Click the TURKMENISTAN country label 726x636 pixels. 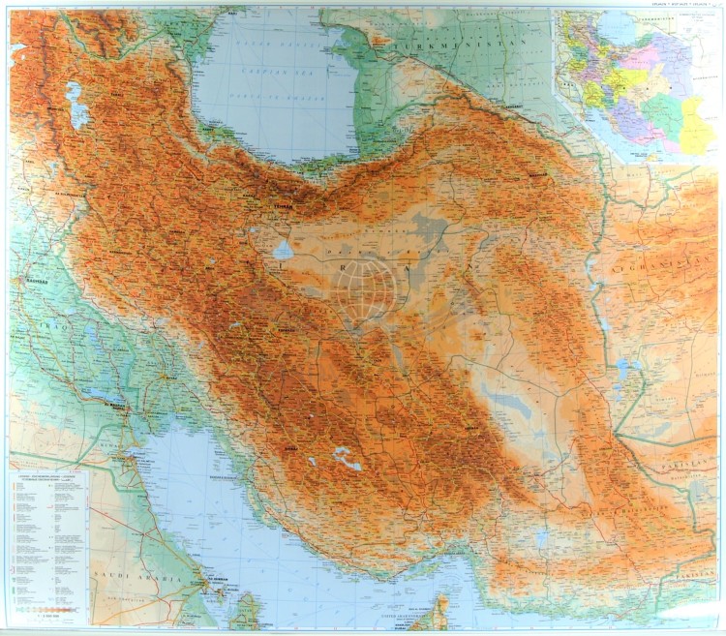[x=459, y=45]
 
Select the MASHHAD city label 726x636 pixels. [x=538, y=172]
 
